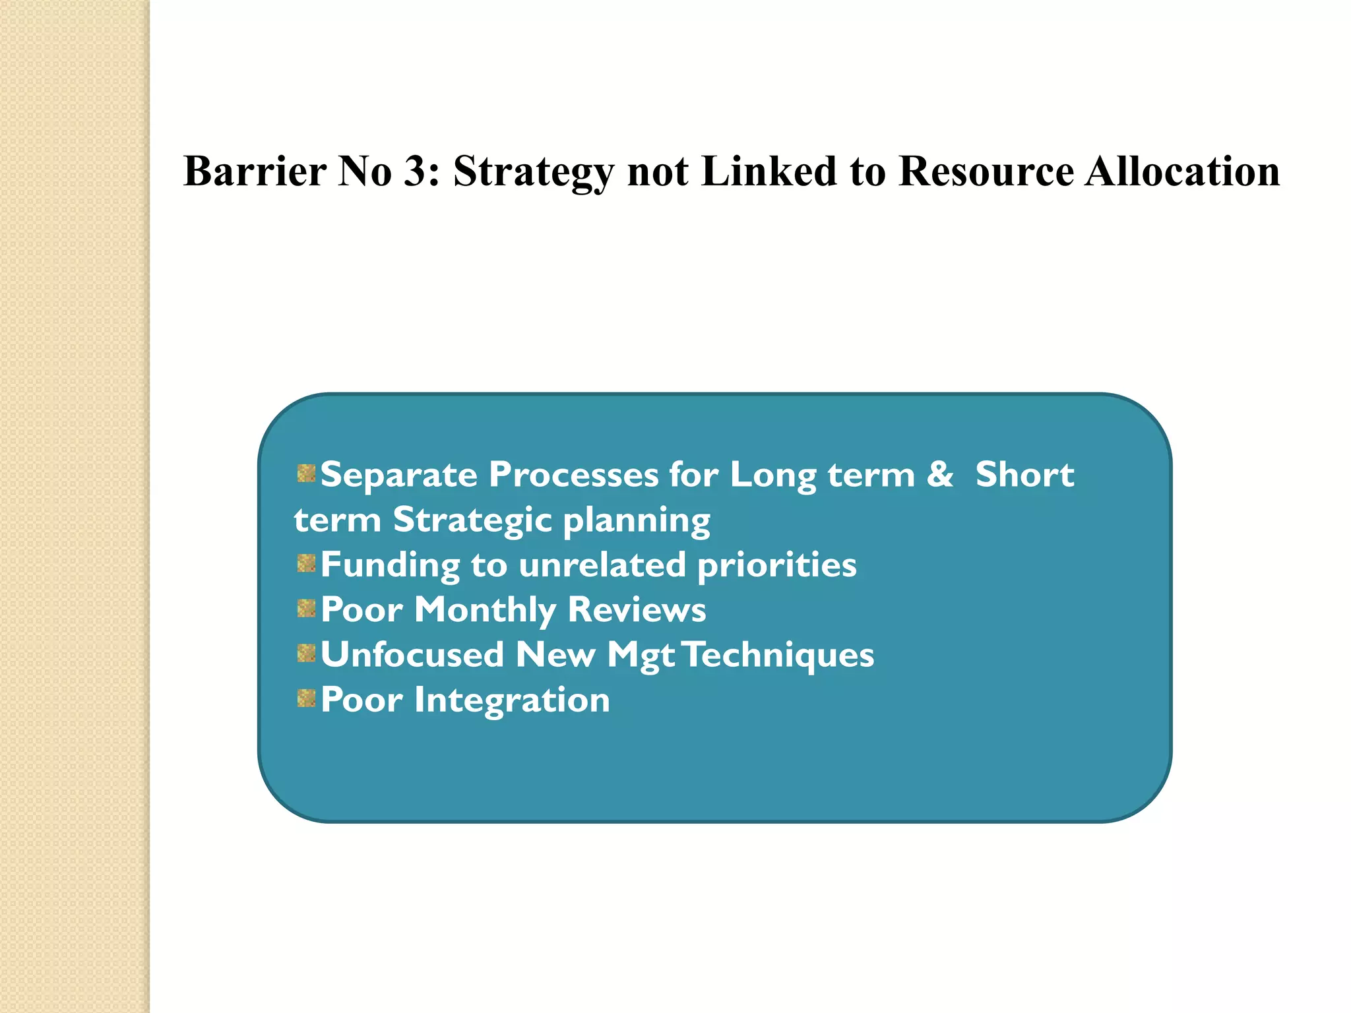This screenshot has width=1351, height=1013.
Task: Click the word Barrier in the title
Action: pos(255,171)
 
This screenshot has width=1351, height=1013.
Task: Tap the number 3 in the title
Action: pos(415,171)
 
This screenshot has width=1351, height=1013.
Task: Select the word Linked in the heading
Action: pos(769,171)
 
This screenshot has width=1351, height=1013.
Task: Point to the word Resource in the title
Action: pos(986,171)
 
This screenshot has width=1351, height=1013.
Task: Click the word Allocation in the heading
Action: pos(1181,171)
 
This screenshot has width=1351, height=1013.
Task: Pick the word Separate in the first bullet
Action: pos(398,475)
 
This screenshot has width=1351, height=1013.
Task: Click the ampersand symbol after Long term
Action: pos(939,475)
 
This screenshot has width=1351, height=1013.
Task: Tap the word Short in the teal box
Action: pos(1024,475)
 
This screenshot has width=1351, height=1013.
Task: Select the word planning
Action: pos(637,521)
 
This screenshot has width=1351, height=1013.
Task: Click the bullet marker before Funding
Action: pos(306,563)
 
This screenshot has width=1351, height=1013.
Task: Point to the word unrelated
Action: pos(602,565)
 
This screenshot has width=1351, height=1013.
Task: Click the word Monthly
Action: pos(486,610)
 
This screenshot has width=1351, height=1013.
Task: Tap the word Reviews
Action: pos(637,610)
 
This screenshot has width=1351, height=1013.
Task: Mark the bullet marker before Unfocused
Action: pos(306,654)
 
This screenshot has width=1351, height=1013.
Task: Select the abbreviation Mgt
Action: pos(641,656)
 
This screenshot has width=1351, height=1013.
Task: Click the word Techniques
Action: pos(778,655)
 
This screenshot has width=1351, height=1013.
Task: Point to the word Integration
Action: pos(512,700)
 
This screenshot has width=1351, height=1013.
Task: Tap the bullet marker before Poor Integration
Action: pos(306,698)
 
